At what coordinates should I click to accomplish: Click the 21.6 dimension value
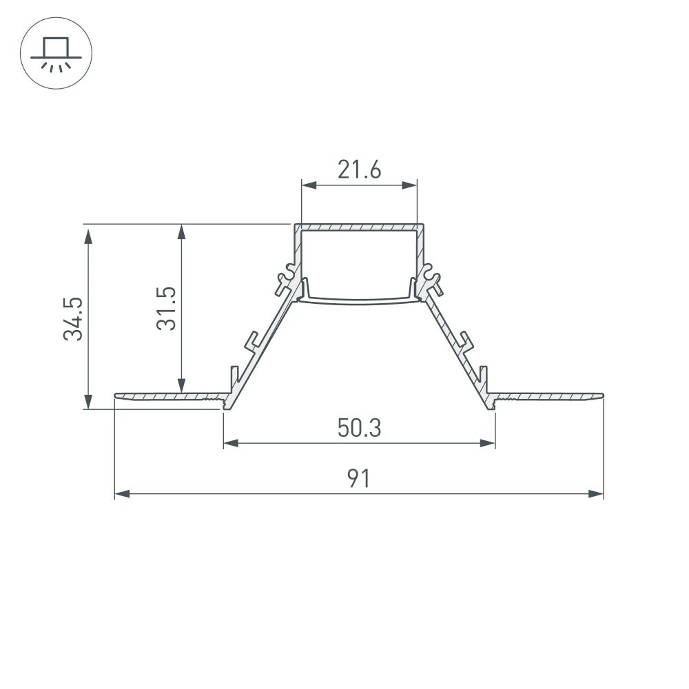point(359,169)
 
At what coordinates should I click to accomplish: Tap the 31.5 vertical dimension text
point(166,309)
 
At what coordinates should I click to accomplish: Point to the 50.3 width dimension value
point(359,429)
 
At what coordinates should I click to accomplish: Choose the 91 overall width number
point(358,478)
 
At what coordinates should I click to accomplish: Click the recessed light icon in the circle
point(53,52)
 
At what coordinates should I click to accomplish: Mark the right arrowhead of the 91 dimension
point(596,494)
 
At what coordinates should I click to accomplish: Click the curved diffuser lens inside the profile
point(359,300)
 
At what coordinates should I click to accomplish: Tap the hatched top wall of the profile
point(359,227)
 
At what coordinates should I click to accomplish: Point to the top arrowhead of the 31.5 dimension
point(181,232)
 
